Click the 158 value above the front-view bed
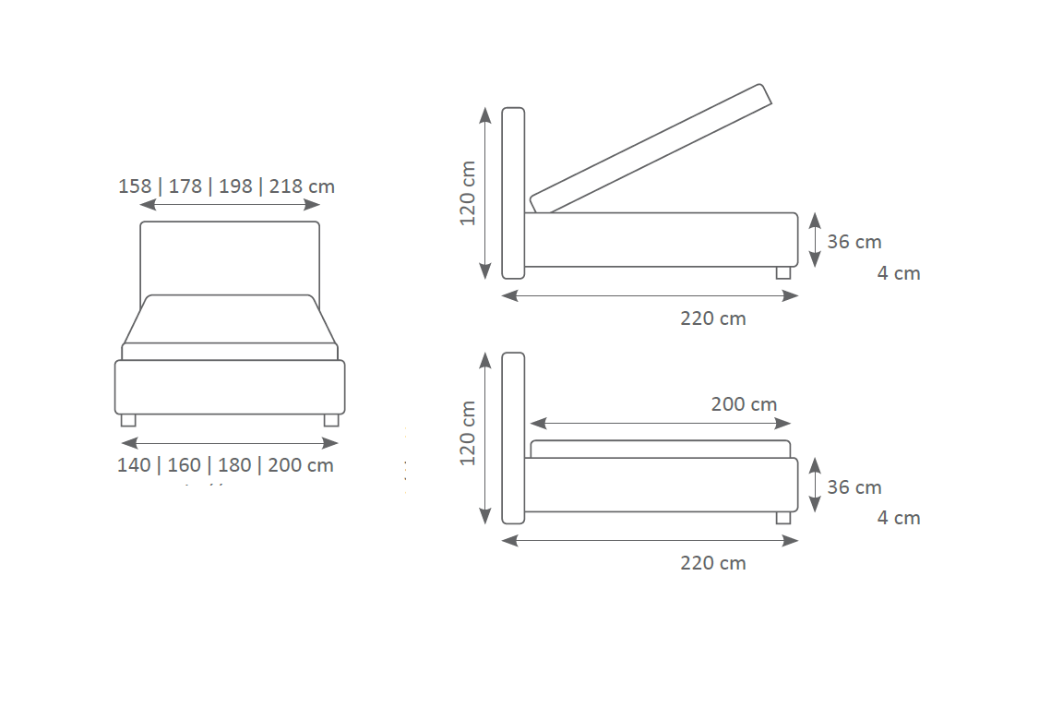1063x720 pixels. (135, 186)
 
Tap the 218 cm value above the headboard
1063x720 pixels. (302, 186)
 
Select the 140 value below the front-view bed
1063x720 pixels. (134, 465)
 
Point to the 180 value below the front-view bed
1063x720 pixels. (234, 465)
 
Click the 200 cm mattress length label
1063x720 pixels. (744, 404)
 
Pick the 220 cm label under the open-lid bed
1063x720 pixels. (713, 318)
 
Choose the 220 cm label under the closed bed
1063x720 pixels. (713, 563)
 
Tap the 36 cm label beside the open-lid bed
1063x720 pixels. (854, 242)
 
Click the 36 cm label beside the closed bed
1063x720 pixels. (854, 487)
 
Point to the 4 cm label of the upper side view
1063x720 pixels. (899, 273)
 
